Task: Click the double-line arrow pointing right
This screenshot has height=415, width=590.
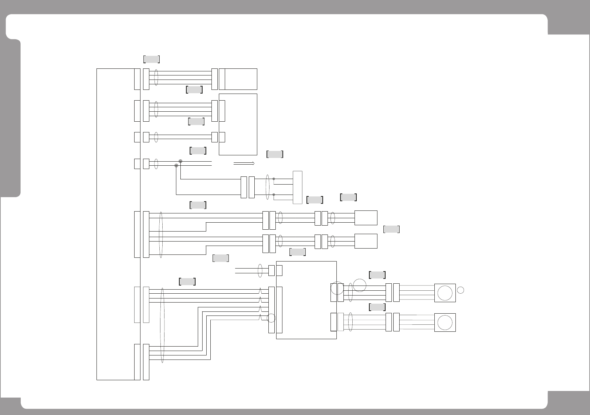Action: [x=244, y=163]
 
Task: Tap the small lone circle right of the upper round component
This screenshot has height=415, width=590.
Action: [x=460, y=290]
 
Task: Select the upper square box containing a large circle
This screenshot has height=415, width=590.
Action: [x=445, y=293]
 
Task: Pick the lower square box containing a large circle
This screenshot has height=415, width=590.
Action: [x=445, y=323]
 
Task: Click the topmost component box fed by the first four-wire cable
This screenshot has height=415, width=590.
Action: [x=241, y=79]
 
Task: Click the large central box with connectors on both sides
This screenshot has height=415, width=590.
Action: [x=306, y=300]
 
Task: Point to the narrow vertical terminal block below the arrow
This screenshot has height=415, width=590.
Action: [x=297, y=187]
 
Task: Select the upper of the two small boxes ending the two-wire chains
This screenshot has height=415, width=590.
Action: [x=366, y=218]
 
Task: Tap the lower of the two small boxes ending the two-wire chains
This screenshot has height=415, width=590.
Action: [x=366, y=241]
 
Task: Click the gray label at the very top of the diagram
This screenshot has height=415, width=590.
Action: [x=151, y=59]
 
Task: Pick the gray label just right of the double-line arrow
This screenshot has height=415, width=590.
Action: [x=275, y=155]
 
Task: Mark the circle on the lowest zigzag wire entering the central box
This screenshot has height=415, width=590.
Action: [x=271, y=318]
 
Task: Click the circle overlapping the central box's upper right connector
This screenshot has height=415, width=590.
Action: [x=337, y=288]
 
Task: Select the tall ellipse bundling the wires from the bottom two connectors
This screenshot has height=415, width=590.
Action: [x=162, y=325]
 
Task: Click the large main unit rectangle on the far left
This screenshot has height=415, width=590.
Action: [x=115, y=224]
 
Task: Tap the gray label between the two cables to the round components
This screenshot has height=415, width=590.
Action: [x=377, y=307]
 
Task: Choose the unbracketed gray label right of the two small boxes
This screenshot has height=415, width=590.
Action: [x=391, y=229]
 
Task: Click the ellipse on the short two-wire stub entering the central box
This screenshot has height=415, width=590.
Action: [x=260, y=270]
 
